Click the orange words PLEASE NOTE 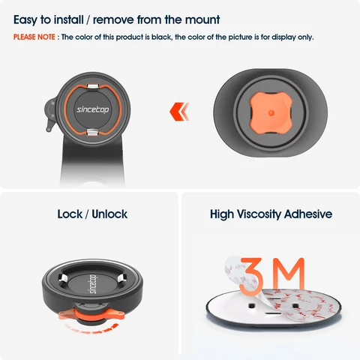point(34,37)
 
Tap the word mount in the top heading point(202,19)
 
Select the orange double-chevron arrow point(179,112)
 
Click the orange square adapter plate point(271,112)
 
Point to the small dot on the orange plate point(271,113)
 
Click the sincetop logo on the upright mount point(93,109)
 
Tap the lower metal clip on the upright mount point(93,132)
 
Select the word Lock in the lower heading point(70,214)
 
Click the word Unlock point(109,214)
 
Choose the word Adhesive point(308,214)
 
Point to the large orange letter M point(289,273)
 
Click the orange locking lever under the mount point(91,316)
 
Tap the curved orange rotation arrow point(91,329)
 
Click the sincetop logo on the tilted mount point(93,284)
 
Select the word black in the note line point(161,37)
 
